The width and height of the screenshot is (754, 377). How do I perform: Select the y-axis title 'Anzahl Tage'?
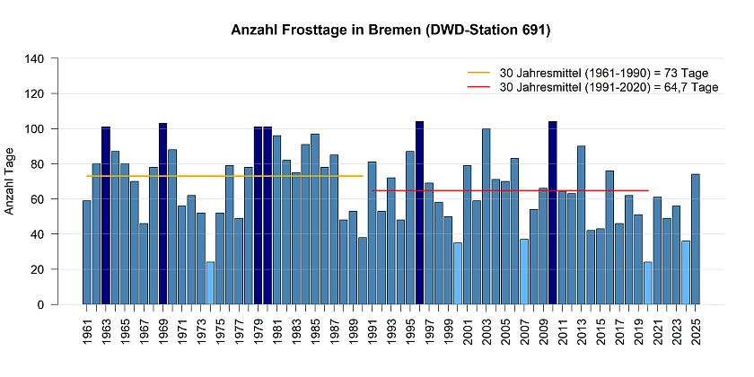[x=11, y=182]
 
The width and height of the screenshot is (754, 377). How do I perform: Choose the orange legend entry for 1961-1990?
[x=592, y=73]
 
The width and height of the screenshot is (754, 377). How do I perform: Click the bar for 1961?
[x=87, y=252]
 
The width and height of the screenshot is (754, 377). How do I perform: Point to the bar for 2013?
[x=582, y=225]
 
